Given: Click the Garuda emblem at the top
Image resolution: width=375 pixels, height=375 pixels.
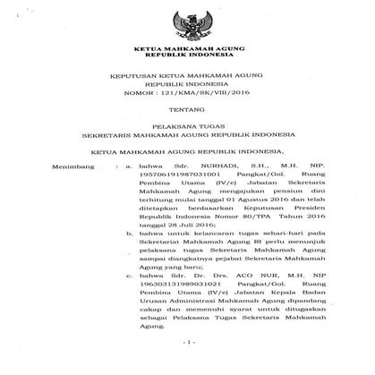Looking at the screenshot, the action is point(187,21).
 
